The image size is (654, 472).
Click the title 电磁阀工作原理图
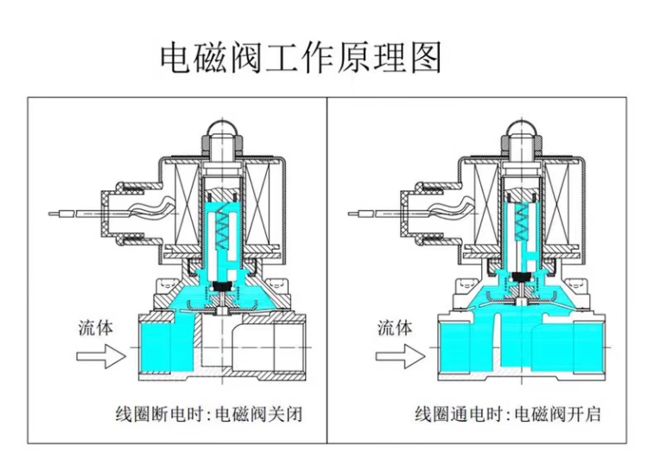pyautogui.click(x=301, y=57)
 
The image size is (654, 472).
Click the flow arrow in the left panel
pyautogui.click(x=100, y=354)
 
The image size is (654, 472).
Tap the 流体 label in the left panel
pyautogui.click(x=96, y=328)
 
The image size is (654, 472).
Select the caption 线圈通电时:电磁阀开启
pyautogui.click(x=508, y=414)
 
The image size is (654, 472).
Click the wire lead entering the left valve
pyautogui.click(x=73, y=210)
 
